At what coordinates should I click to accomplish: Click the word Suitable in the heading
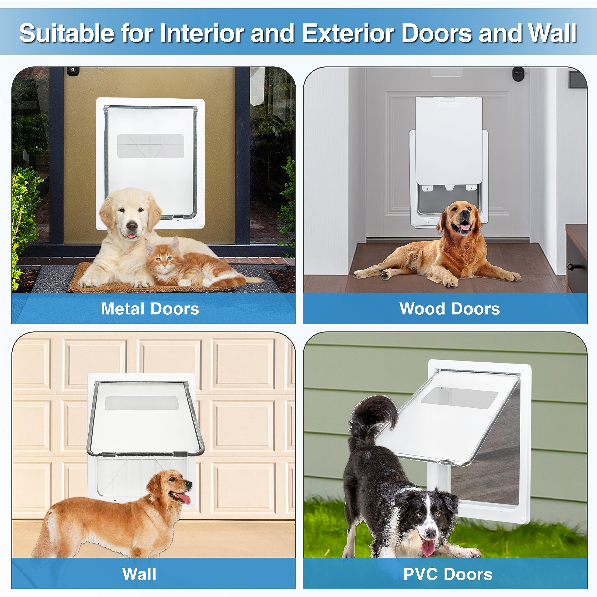pos(66,33)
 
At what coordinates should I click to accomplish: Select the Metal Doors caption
pos(150,309)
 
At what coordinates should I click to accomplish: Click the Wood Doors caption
pos(449,309)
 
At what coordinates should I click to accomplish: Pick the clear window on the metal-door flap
pos(150,146)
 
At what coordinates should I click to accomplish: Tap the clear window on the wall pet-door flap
pos(140,403)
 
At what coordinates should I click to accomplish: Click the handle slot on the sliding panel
pos(449,104)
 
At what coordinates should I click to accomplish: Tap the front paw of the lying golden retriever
pos(450,281)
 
